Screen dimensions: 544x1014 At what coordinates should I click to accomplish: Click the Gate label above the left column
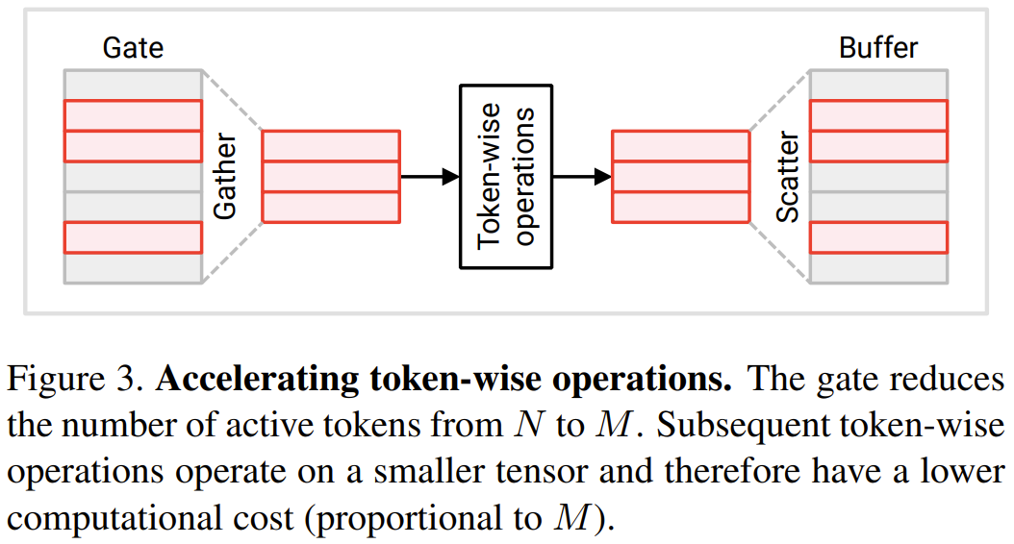coord(133,48)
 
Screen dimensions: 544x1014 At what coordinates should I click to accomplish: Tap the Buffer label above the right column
coord(878,48)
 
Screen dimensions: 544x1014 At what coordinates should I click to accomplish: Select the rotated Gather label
coord(224,177)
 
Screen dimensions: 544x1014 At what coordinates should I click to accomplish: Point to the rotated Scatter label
coord(788,177)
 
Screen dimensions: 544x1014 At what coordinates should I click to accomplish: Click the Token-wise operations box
coord(506,177)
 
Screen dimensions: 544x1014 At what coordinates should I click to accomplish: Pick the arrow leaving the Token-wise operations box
coord(583,177)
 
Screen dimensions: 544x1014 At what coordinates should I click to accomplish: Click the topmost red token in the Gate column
coord(133,115)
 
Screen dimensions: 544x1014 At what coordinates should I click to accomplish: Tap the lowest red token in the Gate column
coord(133,237)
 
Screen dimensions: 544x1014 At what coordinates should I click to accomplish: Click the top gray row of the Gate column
coord(133,85)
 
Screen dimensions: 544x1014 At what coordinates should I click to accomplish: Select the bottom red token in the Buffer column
coord(878,237)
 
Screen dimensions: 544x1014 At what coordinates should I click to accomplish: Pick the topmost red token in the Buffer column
coord(878,115)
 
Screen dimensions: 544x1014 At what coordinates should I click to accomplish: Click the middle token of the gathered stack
coord(330,177)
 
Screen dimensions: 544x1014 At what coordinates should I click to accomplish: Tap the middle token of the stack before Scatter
coord(680,177)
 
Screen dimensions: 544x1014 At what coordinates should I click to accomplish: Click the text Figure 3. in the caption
coord(76,379)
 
